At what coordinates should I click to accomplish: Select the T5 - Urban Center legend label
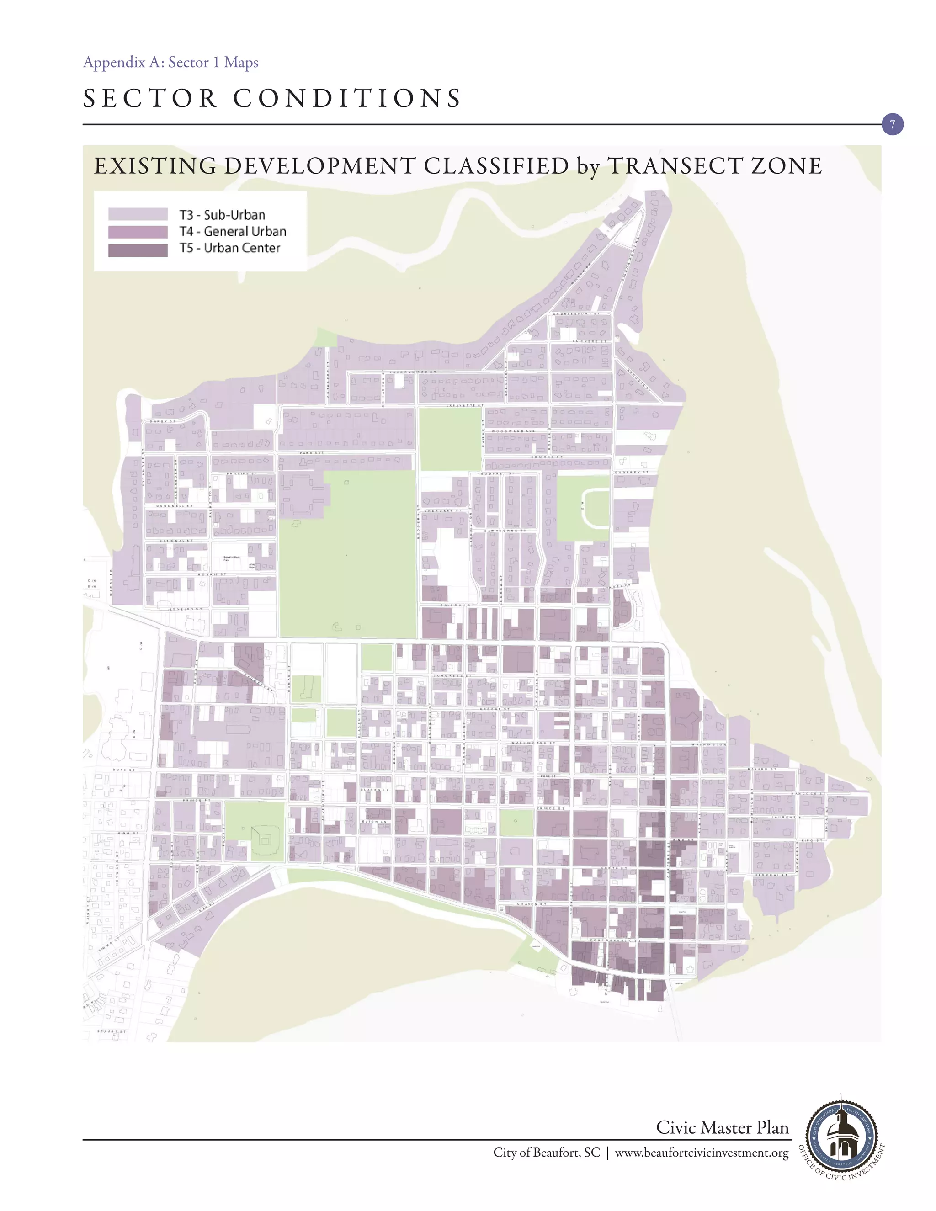point(229,249)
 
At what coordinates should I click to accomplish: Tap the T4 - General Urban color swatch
point(138,232)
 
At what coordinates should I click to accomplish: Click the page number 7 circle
point(892,125)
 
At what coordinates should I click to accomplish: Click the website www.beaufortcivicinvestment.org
point(702,1153)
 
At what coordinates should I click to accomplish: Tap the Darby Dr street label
point(162,421)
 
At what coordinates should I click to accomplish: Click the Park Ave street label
point(312,453)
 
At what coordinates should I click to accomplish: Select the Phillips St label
point(242,473)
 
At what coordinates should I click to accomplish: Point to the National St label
point(176,541)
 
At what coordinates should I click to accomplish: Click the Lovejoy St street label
point(186,609)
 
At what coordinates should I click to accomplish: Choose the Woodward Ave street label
point(513,431)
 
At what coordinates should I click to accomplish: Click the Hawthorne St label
point(505,531)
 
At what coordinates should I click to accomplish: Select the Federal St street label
point(771,875)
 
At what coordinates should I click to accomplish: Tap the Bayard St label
point(762,769)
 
